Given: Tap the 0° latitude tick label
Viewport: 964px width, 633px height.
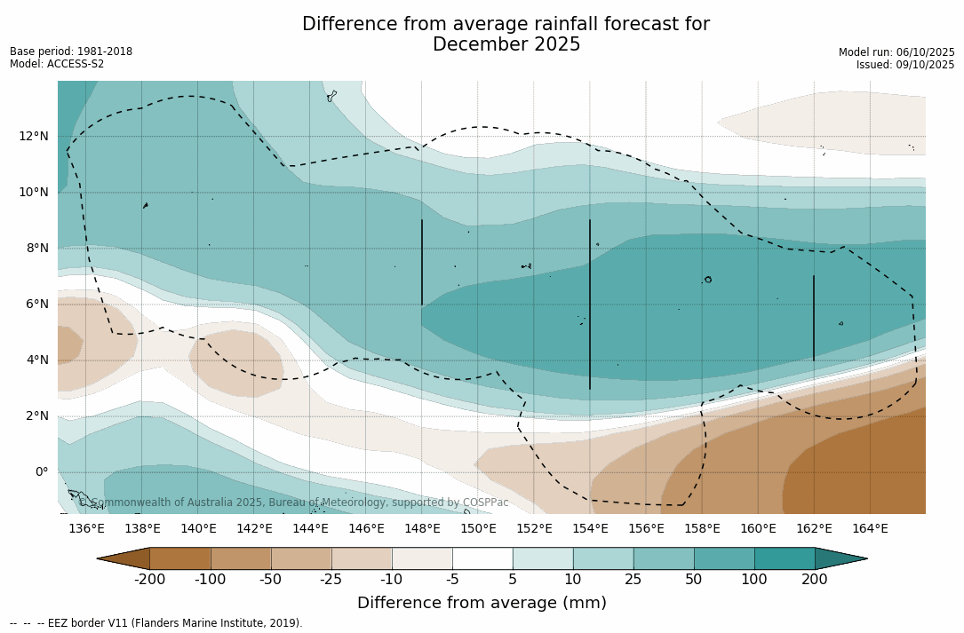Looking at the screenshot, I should coord(41,471).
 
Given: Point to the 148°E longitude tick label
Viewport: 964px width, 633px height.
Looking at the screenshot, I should coord(422,529).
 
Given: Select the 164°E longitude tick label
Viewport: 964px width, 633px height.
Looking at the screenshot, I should coord(870,529).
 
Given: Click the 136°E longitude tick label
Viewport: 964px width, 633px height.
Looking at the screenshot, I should coord(86,529).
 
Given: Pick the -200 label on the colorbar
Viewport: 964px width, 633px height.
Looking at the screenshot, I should coord(149,580).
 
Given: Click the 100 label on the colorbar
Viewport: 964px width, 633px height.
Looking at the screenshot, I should coord(754,580).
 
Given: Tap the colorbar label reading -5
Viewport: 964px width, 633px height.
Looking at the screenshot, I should coord(452,580).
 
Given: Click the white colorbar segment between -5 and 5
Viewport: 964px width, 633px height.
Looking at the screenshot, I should coord(482,558).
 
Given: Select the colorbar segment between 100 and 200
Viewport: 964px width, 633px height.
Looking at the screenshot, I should coord(785,558).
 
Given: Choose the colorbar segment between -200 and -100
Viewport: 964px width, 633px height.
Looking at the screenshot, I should coord(180,558).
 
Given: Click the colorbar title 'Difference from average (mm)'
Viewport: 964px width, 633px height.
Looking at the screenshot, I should coord(482,604).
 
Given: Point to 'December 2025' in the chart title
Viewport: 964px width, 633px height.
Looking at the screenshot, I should coord(506,44).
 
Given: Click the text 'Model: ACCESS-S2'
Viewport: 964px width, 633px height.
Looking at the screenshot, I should coord(57,64).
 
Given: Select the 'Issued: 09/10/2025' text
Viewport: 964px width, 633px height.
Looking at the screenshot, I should coord(905,65).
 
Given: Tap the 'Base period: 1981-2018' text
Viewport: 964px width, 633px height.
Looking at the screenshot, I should coord(71,51).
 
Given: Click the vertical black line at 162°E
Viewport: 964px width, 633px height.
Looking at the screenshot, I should coord(814,318).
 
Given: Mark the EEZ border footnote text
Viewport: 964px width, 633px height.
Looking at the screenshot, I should coord(156,623).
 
